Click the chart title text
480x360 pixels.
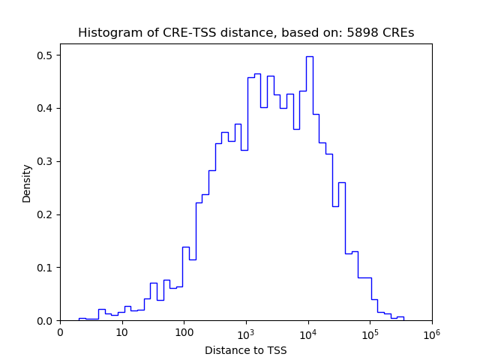245,33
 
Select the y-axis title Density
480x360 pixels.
27,183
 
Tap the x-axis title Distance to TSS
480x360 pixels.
245,350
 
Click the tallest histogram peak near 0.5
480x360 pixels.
309,57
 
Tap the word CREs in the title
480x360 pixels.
400,33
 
